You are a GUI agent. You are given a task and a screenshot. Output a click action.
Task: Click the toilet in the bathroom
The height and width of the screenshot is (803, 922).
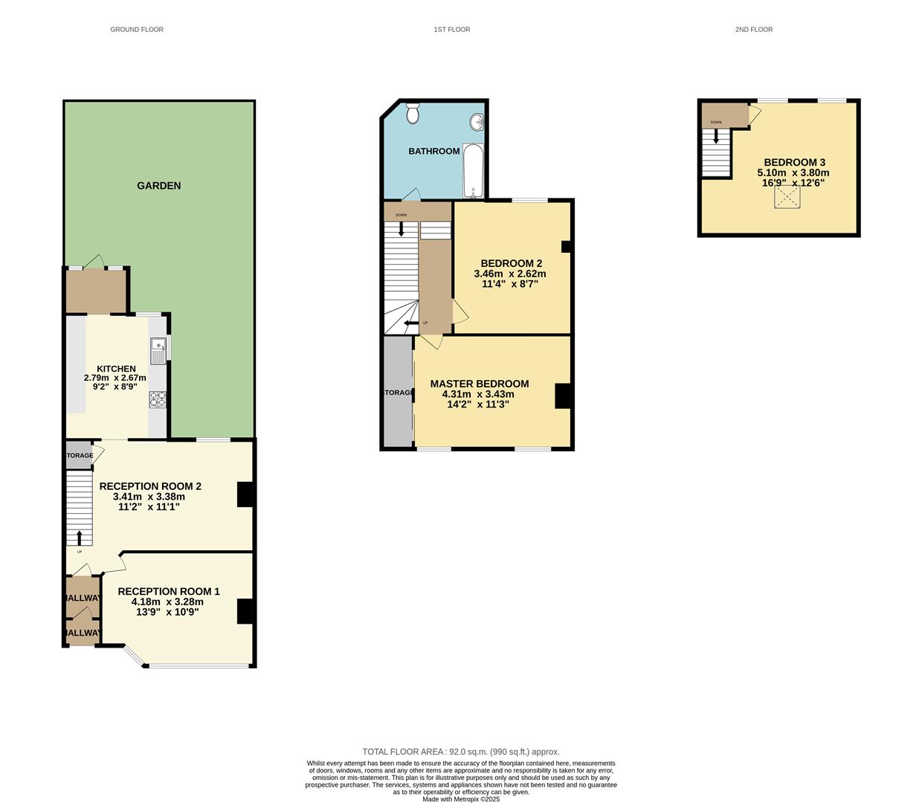point(413,114)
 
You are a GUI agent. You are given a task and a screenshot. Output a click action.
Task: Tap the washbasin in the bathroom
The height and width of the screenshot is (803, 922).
point(476,122)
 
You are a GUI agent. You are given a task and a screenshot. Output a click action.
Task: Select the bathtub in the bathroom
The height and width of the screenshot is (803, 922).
point(473,171)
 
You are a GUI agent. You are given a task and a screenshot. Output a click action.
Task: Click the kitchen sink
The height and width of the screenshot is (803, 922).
point(158,351)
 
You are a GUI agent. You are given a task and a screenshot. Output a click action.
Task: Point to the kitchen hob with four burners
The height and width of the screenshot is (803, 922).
point(158,400)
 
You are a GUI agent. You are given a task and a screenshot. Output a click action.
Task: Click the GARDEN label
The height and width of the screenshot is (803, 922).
point(158,186)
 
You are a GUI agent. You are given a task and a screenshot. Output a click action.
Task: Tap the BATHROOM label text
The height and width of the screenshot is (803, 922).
point(434,152)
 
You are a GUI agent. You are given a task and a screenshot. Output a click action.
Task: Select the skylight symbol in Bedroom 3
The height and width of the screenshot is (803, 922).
point(788,198)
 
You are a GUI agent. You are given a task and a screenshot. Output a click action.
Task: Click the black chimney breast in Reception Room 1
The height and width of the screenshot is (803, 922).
point(245,611)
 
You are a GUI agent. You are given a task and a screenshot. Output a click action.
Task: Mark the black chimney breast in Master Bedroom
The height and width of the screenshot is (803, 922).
point(563,396)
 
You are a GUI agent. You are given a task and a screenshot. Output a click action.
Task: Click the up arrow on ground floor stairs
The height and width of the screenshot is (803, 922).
point(80,537)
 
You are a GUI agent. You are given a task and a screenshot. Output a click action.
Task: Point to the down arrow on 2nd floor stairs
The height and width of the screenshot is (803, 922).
point(716,137)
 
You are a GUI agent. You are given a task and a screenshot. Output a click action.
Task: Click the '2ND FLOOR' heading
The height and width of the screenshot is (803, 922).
point(753,30)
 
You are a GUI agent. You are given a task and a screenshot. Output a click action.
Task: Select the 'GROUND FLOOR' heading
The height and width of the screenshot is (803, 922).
point(137,30)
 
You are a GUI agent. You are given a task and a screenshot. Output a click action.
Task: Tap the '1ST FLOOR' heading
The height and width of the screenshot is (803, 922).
point(452,30)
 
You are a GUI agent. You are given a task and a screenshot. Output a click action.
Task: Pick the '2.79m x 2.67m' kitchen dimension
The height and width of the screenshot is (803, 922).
point(115,378)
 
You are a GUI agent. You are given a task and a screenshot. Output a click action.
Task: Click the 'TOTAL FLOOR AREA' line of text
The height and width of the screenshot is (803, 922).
point(461,752)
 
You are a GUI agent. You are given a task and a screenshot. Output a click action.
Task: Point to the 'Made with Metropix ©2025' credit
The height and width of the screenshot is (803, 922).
point(461,799)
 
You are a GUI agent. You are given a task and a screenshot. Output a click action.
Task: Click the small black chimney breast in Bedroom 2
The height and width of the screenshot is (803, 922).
point(565,247)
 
